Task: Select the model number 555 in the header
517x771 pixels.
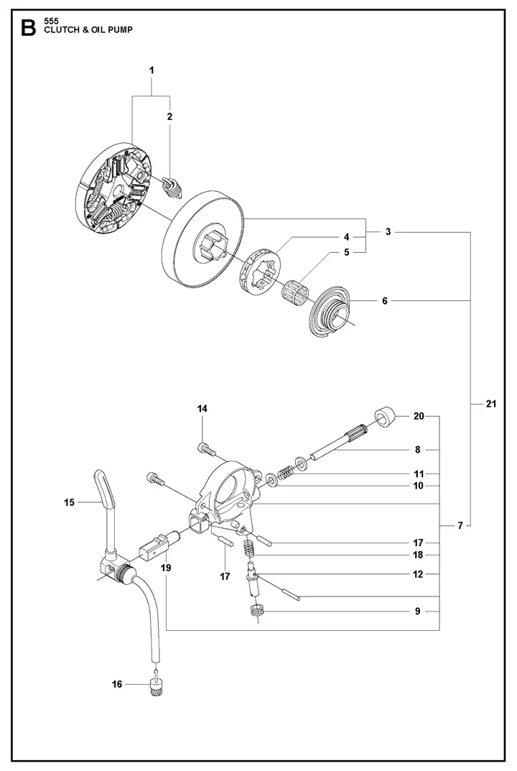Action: (51, 21)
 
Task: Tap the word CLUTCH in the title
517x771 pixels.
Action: (62, 30)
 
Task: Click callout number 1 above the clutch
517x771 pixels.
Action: (152, 70)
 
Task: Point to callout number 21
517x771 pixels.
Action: (491, 404)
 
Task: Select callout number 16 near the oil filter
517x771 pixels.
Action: (117, 684)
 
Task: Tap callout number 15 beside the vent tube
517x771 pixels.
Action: (70, 502)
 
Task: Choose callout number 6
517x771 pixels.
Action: (385, 301)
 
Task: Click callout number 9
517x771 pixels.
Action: (418, 611)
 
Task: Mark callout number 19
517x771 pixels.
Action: (166, 568)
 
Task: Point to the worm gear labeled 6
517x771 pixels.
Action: (332, 308)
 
